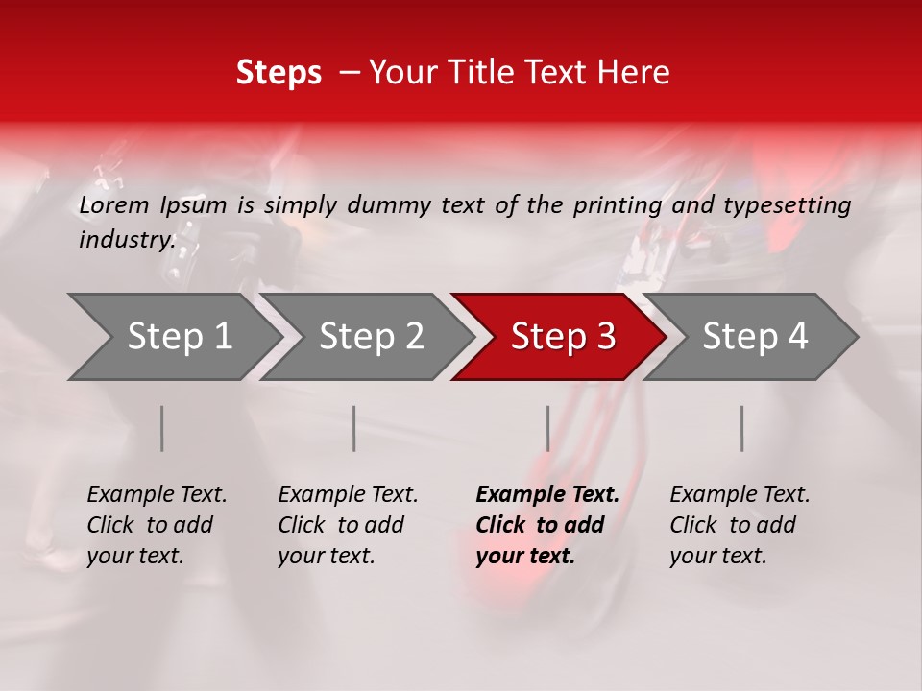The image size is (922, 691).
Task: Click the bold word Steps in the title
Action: click(x=279, y=73)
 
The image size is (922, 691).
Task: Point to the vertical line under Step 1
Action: click(x=162, y=428)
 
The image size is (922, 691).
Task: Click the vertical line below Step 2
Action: click(x=354, y=428)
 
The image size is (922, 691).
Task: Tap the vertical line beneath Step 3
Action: click(x=547, y=428)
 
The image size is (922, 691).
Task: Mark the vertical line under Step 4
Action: click(x=741, y=428)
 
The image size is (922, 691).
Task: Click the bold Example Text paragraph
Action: click(x=546, y=525)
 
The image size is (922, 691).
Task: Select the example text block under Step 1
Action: click(x=157, y=525)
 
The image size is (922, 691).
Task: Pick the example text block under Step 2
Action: click(x=348, y=525)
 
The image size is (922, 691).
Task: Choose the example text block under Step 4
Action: click(x=740, y=525)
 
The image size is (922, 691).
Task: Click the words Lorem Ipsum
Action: click(x=153, y=205)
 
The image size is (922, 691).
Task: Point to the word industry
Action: click(x=126, y=240)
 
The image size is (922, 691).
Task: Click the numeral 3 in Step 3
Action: click(x=605, y=337)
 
